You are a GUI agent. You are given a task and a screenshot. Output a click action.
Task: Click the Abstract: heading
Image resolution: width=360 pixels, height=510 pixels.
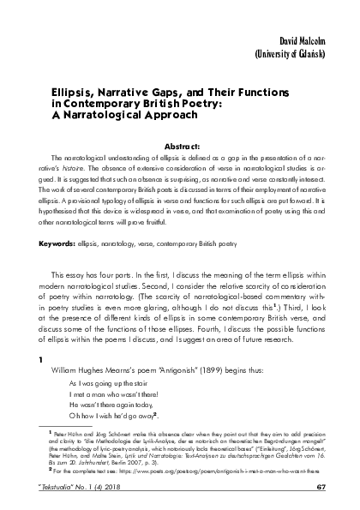point(180,147)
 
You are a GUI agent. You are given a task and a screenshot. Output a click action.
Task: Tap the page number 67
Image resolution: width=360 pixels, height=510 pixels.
point(322,500)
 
